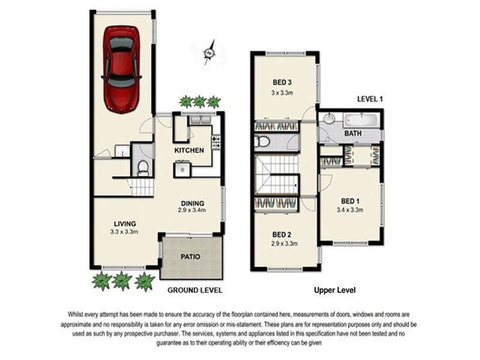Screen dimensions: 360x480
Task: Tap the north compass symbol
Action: [209, 53]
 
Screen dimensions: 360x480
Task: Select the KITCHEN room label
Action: [189, 150]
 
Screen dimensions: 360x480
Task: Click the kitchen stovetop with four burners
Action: [216, 142]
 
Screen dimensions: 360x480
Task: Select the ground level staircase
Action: [143, 187]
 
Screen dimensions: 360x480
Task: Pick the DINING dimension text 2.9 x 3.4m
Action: [191, 211]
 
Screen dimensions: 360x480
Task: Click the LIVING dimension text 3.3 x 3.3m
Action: [124, 231]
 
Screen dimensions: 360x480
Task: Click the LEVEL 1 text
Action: [370, 98]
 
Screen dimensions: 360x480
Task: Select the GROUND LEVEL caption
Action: [194, 290]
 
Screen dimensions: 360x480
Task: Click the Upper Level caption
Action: [335, 290]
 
